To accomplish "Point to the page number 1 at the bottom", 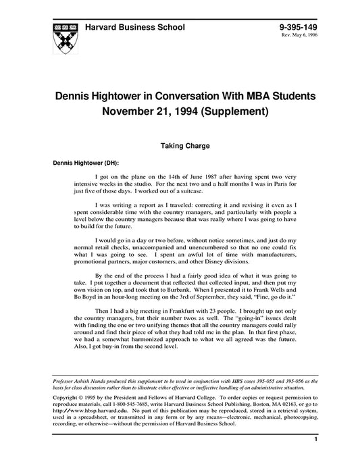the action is click(x=315, y=440).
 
